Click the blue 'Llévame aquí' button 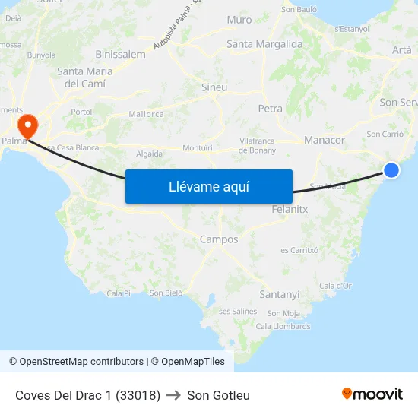pos(209,186)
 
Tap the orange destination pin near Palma pos(27,124)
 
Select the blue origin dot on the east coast pos(391,170)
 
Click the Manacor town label pos(324,141)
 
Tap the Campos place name pos(219,239)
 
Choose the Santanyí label pos(280,294)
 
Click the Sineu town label pos(214,87)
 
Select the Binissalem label pos(120,54)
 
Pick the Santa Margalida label pos(264,44)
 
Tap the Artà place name pos(401,50)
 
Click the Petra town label pos(270,109)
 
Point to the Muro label pos(239,20)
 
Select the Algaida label pos(149,154)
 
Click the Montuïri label pos(198,147)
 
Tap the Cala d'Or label pos(335,286)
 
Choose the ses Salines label pos(238,312)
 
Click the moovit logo pos(372,394)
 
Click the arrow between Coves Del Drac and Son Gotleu pos(173,395)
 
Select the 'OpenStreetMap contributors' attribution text pos(81,362)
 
